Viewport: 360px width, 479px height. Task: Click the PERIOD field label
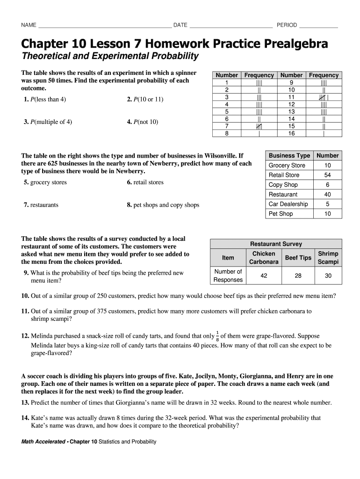[x=287, y=25]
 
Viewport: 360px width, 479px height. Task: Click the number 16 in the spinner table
[x=291, y=133]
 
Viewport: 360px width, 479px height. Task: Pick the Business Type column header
[x=289, y=155]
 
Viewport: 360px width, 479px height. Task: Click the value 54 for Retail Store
[x=327, y=175]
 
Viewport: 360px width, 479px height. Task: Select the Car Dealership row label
[x=288, y=204]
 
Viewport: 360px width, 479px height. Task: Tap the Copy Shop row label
[x=283, y=185]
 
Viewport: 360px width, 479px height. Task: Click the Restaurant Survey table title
[x=276, y=244]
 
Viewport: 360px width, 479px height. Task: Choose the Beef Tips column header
[x=298, y=258]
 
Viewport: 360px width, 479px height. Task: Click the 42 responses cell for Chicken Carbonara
[x=264, y=276]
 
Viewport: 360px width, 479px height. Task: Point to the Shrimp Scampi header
[x=328, y=258]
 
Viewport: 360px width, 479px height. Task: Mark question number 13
[x=25, y=402]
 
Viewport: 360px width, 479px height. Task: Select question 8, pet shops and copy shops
[x=163, y=205]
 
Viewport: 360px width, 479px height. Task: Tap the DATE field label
[x=180, y=25]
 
